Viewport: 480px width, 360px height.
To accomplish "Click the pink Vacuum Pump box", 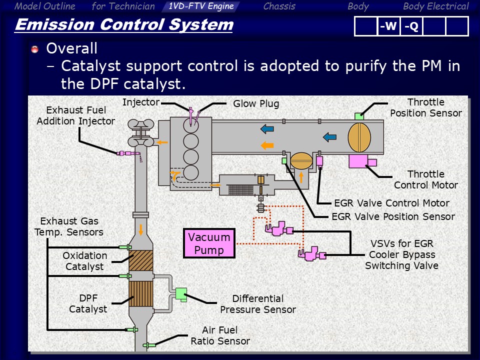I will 209,243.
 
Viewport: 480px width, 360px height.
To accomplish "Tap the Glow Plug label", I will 256,104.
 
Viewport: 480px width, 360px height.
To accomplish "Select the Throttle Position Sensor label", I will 425,107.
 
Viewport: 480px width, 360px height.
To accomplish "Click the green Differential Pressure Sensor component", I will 180,294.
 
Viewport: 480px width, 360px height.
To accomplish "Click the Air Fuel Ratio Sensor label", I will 220,335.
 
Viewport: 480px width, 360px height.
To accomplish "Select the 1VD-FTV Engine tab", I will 201,6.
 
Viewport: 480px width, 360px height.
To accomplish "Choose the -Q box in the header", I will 411,26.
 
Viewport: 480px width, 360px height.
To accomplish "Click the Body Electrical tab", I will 435,6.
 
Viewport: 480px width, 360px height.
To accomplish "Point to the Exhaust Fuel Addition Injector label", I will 75,115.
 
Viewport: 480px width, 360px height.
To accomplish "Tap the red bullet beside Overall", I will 34,49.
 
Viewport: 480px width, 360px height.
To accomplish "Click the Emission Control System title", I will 124,24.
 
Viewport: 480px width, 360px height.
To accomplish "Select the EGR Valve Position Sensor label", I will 393,216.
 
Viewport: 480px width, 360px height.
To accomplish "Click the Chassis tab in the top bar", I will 279,6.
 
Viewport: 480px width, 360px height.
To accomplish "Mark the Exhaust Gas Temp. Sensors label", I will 69,226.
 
